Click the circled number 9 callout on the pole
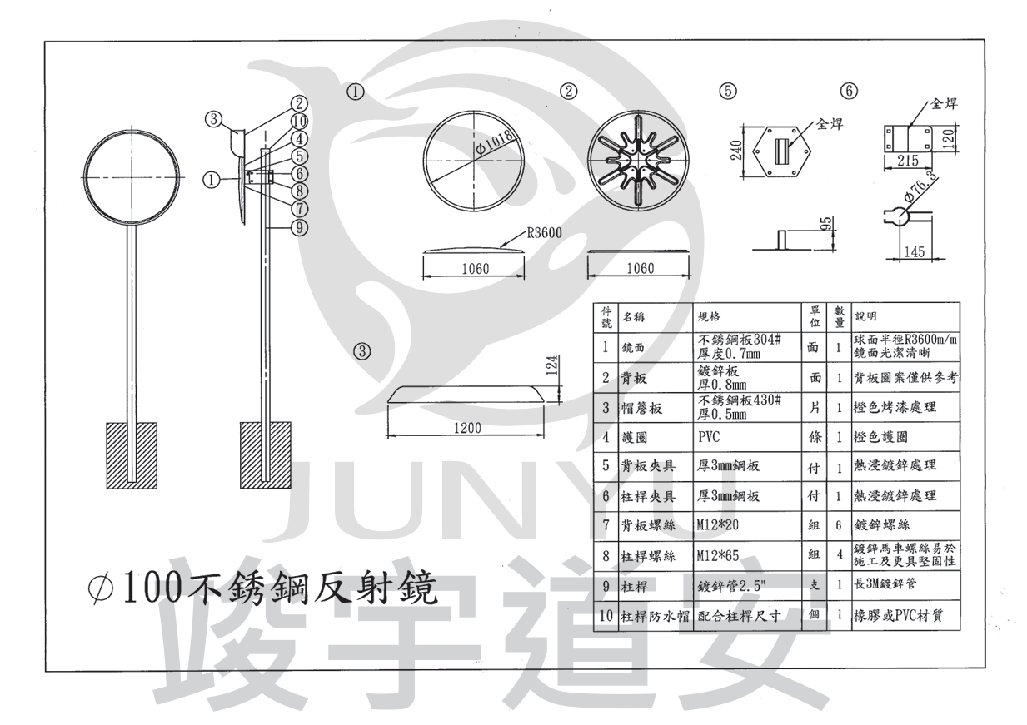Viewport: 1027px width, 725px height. [301, 226]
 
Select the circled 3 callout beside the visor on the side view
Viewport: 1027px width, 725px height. [214, 119]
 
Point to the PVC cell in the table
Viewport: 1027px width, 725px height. [710, 435]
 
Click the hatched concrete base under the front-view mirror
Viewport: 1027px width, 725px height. [132, 454]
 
